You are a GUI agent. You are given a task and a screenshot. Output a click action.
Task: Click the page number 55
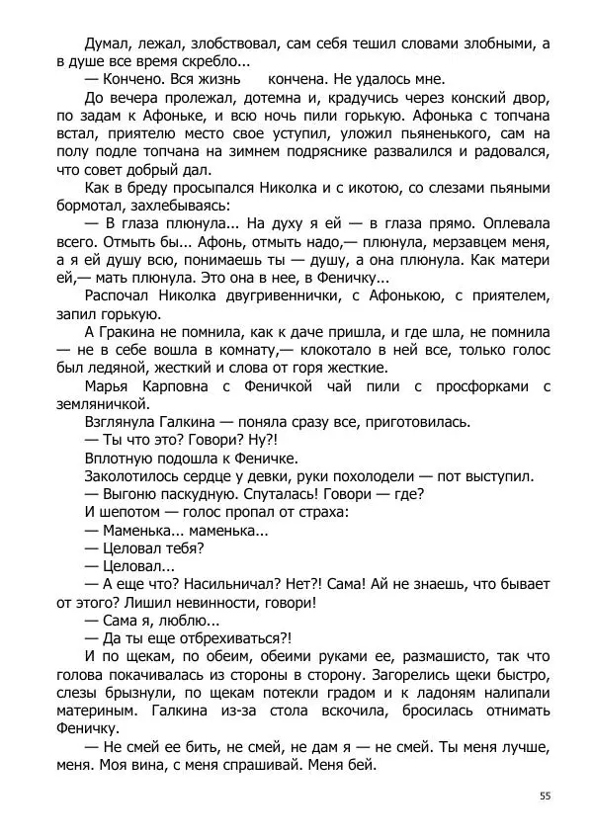[x=545, y=796]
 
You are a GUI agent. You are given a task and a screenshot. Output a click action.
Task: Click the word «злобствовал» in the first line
[x=229, y=43]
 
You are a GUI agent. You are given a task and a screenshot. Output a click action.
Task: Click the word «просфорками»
[x=474, y=384]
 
